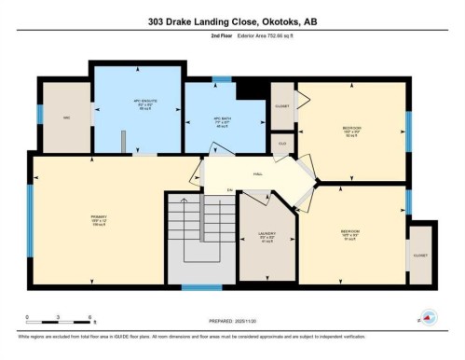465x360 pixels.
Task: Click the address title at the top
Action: click(x=232, y=21)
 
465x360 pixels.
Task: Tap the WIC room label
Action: click(x=66, y=118)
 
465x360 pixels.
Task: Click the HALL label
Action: click(x=256, y=173)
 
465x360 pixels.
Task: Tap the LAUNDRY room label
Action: click(x=266, y=236)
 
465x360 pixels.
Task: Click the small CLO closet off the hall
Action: click(x=282, y=145)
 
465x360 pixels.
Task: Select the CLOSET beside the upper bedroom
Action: click(x=281, y=105)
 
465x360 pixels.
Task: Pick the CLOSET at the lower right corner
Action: click(x=421, y=254)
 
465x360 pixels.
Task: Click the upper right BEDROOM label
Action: click(x=351, y=130)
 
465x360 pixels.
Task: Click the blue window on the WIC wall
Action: click(x=39, y=114)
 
